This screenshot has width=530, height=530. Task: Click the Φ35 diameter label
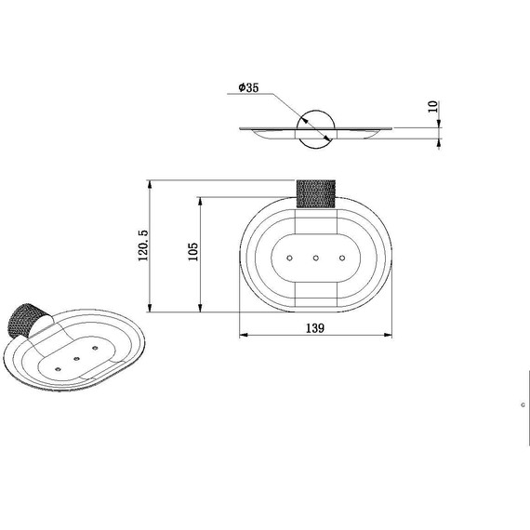[x=248, y=87]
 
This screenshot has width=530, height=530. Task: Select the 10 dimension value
[x=433, y=107]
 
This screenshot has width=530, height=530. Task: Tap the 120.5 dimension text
[x=143, y=245]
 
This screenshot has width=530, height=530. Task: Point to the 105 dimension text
[x=193, y=251]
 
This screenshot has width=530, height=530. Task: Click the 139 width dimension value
[x=315, y=328]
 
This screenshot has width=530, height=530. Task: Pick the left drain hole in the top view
[x=289, y=258]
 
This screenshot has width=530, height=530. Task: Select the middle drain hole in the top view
[x=316, y=258]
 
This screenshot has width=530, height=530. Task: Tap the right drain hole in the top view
[x=342, y=258]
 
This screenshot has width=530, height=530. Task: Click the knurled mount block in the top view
[x=316, y=193]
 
